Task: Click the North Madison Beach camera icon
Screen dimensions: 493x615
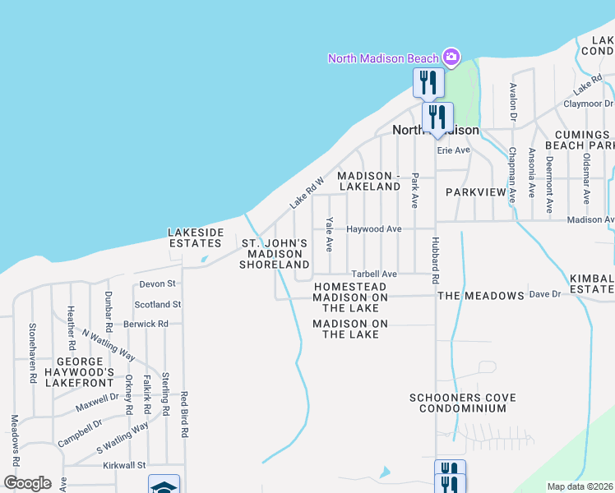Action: pos(451,57)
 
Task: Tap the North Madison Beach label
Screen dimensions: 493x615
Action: pos(383,58)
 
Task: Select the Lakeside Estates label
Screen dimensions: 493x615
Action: pos(196,237)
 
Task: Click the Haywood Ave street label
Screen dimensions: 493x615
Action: pos(373,229)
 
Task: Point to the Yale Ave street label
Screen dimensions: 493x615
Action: pos(329,234)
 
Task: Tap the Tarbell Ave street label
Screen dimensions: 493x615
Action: pos(374,274)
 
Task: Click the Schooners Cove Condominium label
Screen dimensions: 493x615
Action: pos(463,403)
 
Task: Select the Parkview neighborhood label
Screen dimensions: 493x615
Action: pos(475,191)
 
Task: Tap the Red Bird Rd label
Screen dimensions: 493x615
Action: pos(185,413)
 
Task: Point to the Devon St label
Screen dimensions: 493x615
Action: pos(158,283)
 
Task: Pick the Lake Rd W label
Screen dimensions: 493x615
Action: pos(307,191)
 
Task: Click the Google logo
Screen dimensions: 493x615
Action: pos(27,483)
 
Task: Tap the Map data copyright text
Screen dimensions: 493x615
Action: pos(580,486)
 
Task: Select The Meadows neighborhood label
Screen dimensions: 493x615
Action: pos(481,295)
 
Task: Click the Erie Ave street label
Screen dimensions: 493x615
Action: pos(453,150)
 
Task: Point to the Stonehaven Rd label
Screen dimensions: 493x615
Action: pos(34,365)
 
